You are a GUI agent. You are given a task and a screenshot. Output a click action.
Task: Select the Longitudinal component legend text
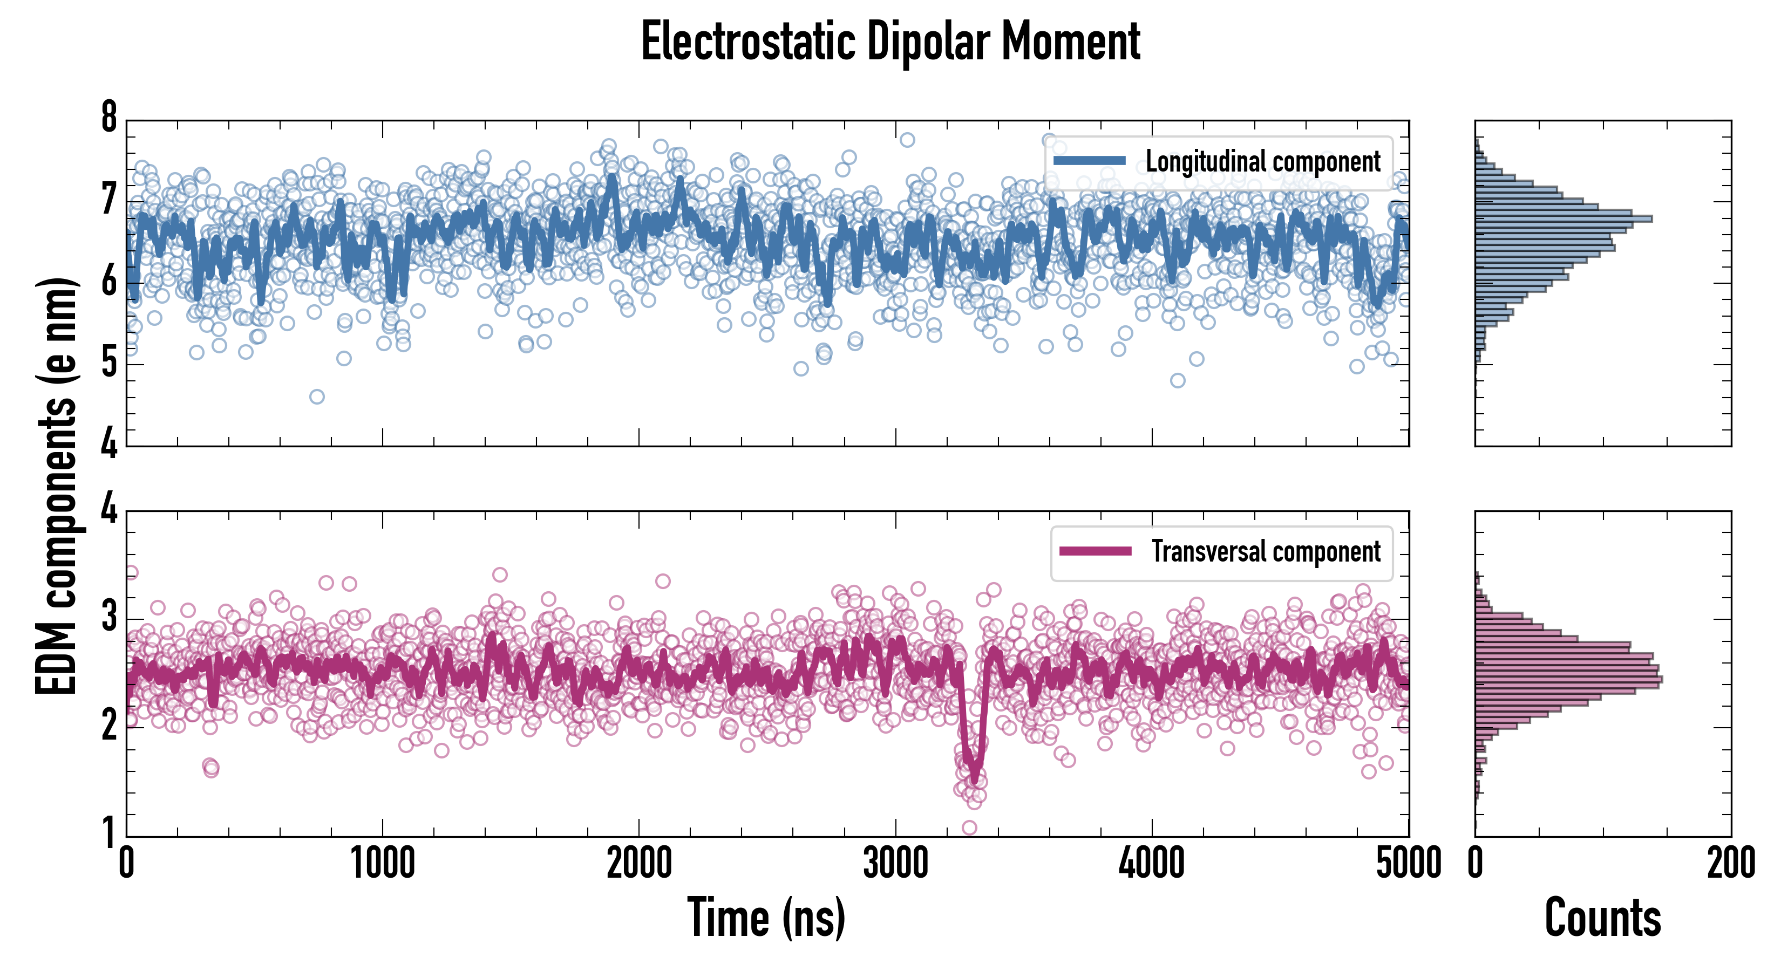pos(1262,162)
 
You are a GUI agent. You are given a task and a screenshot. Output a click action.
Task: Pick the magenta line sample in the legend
pos(1095,551)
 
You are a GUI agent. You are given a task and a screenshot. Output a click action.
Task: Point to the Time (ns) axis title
pos(766,917)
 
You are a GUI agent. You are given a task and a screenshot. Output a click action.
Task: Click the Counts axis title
pos(1602,917)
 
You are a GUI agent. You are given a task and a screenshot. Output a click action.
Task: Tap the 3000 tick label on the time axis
pos(895,863)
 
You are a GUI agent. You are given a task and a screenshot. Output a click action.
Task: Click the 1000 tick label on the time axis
pos(382,863)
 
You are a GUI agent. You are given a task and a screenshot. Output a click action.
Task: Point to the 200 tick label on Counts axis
pos(1730,863)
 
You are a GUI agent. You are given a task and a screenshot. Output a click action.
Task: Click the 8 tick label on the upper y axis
pos(109,118)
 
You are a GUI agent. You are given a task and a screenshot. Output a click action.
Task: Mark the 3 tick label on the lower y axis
pos(109,617)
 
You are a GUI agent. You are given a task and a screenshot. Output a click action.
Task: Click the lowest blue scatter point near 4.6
pos(317,396)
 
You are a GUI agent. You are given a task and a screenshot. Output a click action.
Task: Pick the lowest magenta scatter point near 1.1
pos(969,828)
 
